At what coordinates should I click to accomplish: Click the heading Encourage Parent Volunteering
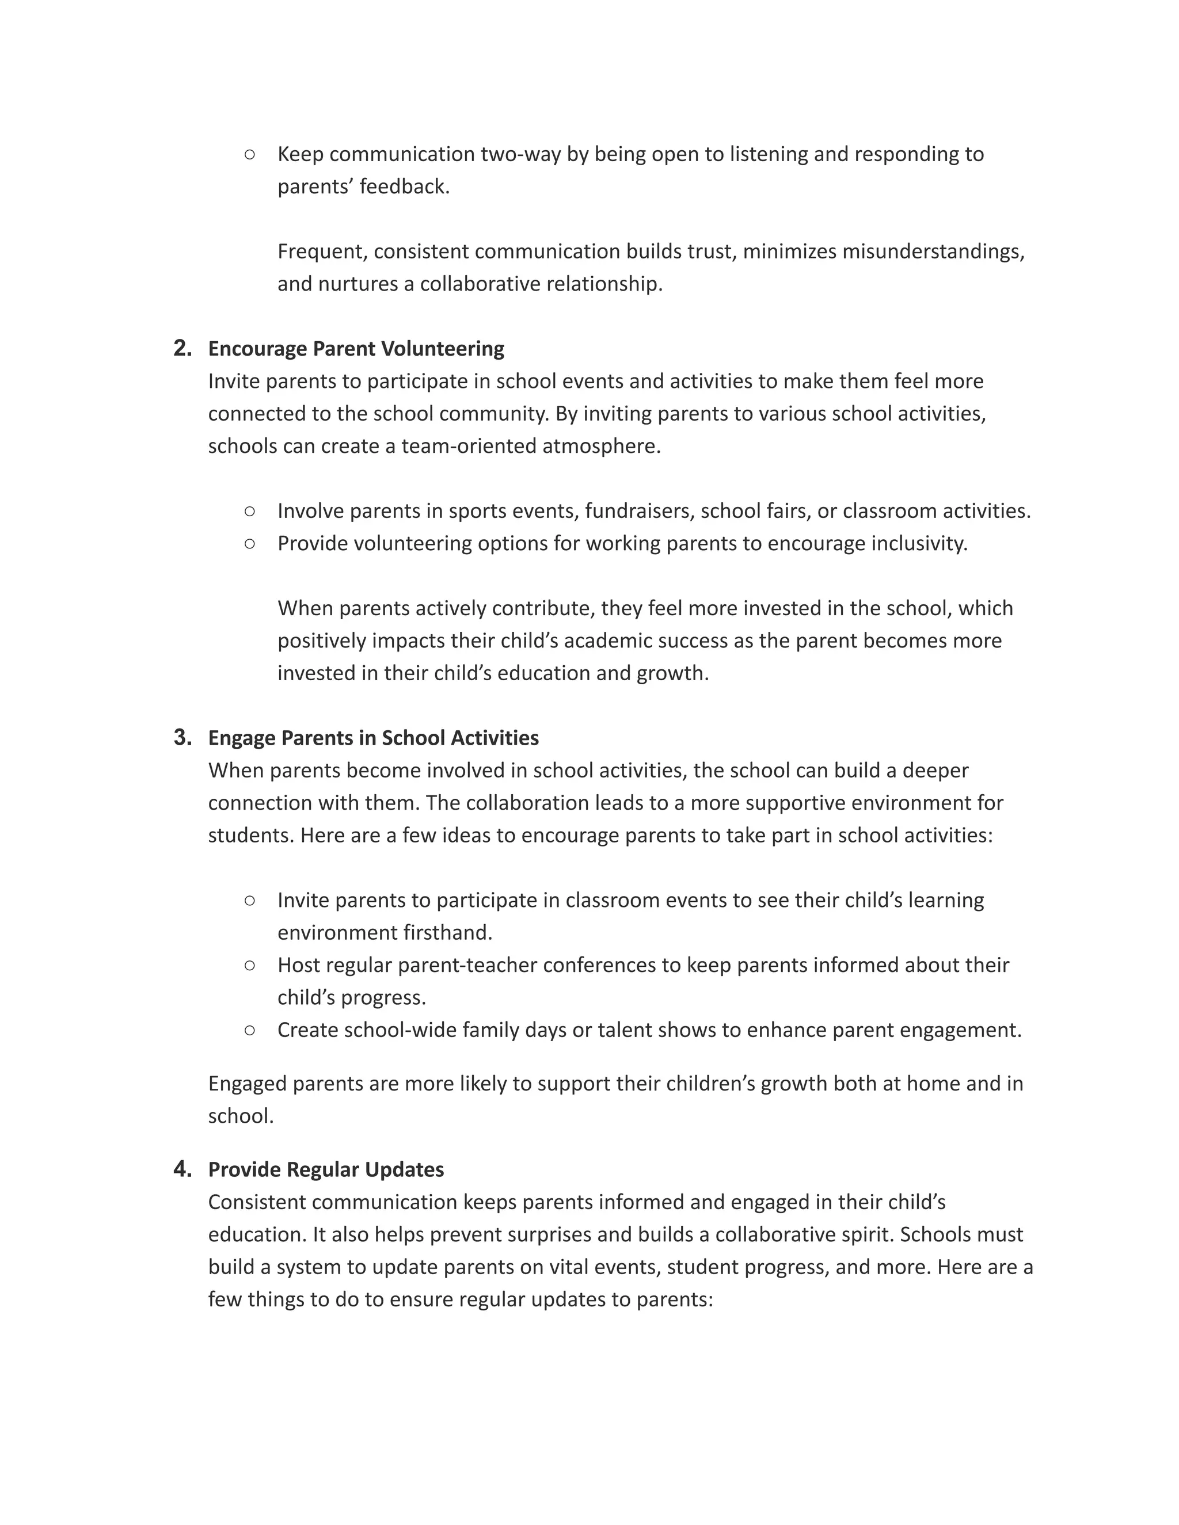(x=356, y=348)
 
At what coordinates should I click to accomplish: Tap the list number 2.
(x=182, y=348)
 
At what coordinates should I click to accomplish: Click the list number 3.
(x=182, y=737)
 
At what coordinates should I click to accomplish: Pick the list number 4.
(x=182, y=1168)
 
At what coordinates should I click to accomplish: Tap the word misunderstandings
(x=932, y=251)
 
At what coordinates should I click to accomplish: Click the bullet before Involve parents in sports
(x=250, y=511)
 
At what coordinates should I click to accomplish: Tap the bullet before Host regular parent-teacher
(x=250, y=965)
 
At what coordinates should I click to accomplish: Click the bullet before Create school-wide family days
(x=250, y=1030)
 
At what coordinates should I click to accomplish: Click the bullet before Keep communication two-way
(x=250, y=154)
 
